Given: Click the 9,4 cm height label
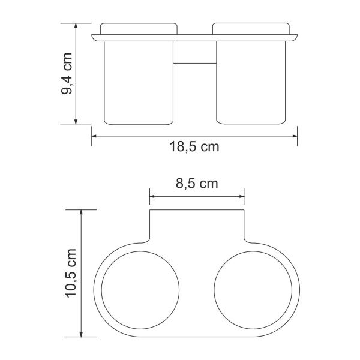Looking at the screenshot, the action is (67, 73).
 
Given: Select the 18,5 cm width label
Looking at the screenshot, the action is (194, 146).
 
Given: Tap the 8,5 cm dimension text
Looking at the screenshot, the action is (197, 184).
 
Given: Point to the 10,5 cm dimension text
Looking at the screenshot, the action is (71, 273).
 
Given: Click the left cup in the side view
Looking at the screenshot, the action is (139, 83).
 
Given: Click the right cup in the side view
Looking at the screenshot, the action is (251, 83).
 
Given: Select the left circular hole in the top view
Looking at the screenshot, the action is (140, 290).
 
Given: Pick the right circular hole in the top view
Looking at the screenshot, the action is (253, 290).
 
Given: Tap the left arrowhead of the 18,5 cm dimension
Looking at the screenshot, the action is (94, 136).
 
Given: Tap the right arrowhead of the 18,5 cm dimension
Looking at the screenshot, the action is (295, 136).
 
